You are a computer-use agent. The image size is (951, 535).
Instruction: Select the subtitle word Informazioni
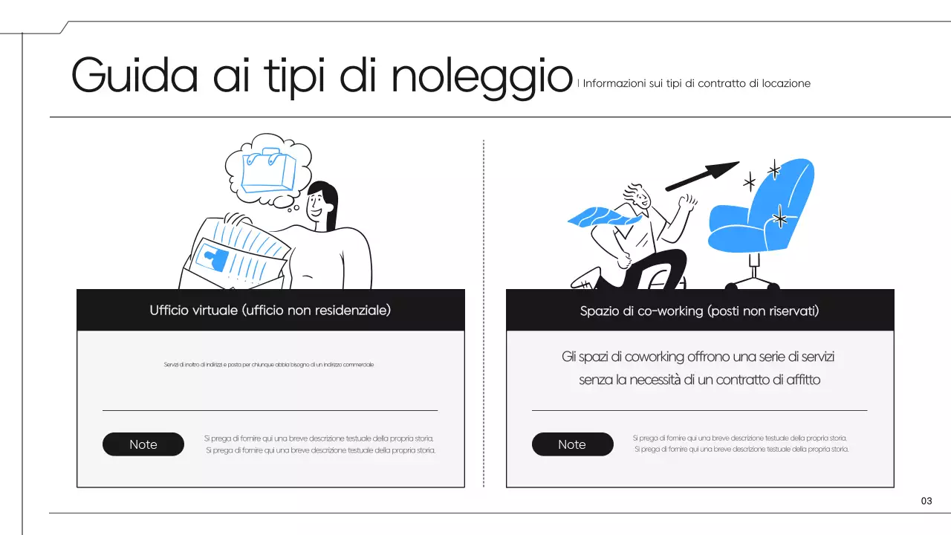pos(614,83)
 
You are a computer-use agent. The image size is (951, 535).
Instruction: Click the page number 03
pos(926,501)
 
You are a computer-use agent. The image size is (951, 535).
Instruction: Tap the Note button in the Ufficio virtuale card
pos(143,444)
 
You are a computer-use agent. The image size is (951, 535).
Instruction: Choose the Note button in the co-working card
pos(572,444)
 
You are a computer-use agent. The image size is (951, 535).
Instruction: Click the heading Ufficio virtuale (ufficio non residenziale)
pos(270,310)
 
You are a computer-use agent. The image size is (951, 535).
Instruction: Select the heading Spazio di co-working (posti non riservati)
pos(699,311)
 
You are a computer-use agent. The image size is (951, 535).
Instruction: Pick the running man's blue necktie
pos(599,216)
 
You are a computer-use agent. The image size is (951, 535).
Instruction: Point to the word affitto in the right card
pos(802,380)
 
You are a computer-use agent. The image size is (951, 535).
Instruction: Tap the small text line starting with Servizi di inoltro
pos(268,365)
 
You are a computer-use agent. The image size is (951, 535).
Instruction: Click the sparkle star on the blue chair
pos(780,218)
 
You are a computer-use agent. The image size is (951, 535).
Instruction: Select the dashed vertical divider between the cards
pos(484,312)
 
